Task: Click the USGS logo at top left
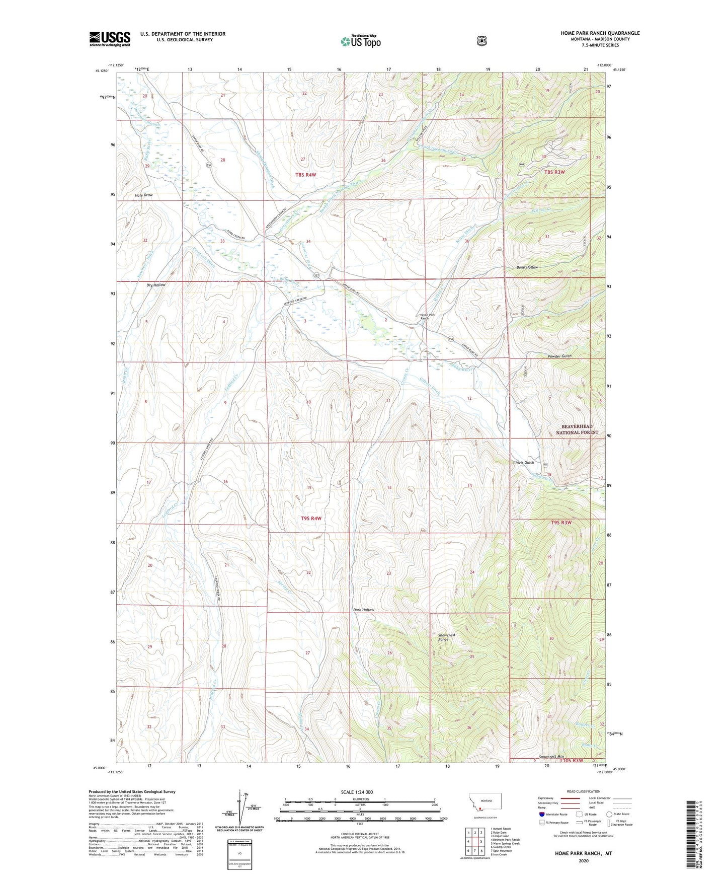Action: (110, 39)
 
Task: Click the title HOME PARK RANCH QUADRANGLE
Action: (600, 33)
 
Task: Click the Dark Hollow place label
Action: (363, 610)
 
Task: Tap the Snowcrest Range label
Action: (447, 637)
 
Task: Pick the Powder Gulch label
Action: (559, 356)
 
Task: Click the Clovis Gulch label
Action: (523, 462)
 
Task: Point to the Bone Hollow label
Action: (527, 267)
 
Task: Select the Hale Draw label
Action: (143, 195)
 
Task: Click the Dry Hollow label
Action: (156, 285)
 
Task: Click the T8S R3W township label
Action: (554, 172)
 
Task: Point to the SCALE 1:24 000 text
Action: (357, 792)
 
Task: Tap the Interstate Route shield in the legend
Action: (541, 814)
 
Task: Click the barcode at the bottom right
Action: (691, 835)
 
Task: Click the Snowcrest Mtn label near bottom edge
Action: (551, 757)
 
